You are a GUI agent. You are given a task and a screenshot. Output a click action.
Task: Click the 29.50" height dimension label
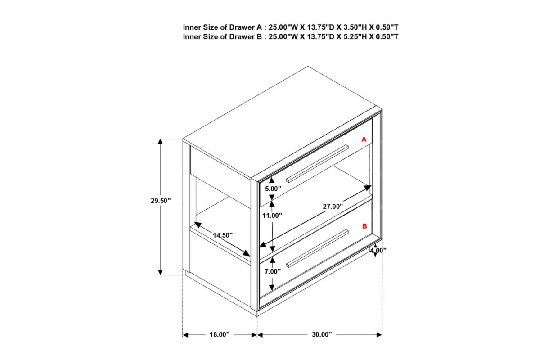pyautogui.click(x=161, y=200)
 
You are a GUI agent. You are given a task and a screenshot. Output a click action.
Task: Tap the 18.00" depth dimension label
pyautogui.click(x=220, y=334)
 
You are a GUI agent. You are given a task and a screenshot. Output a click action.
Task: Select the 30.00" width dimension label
pyautogui.click(x=322, y=334)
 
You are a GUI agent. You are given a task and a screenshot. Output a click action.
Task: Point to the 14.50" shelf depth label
pyautogui.click(x=222, y=235)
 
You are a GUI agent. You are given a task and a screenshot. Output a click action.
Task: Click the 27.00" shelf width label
pyautogui.click(x=333, y=207)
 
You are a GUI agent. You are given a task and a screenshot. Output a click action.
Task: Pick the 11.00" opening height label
pyautogui.click(x=272, y=216)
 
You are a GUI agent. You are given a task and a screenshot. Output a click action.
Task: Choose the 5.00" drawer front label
pyautogui.click(x=273, y=189)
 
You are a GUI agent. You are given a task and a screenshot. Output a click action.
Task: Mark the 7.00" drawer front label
pyautogui.click(x=273, y=271)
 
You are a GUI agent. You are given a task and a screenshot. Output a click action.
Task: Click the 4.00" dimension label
pyautogui.click(x=378, y=251)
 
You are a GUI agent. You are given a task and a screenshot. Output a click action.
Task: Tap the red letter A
pyautogui.click(x=364, y=139)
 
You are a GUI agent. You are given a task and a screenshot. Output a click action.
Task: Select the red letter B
pyautogui.click(x=364, y=226)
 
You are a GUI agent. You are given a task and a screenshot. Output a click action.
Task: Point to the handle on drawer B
pyautogui.click(x=317, y=248)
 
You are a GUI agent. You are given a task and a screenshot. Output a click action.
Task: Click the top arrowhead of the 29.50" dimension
pyautogui.click(x=160, y=142)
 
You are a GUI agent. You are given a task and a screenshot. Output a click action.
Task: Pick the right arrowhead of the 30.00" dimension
pyautogui.click(x=379, y=335)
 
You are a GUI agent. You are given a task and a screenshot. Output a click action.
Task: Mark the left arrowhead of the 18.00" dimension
pyautogui.click(x=185, y=335)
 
